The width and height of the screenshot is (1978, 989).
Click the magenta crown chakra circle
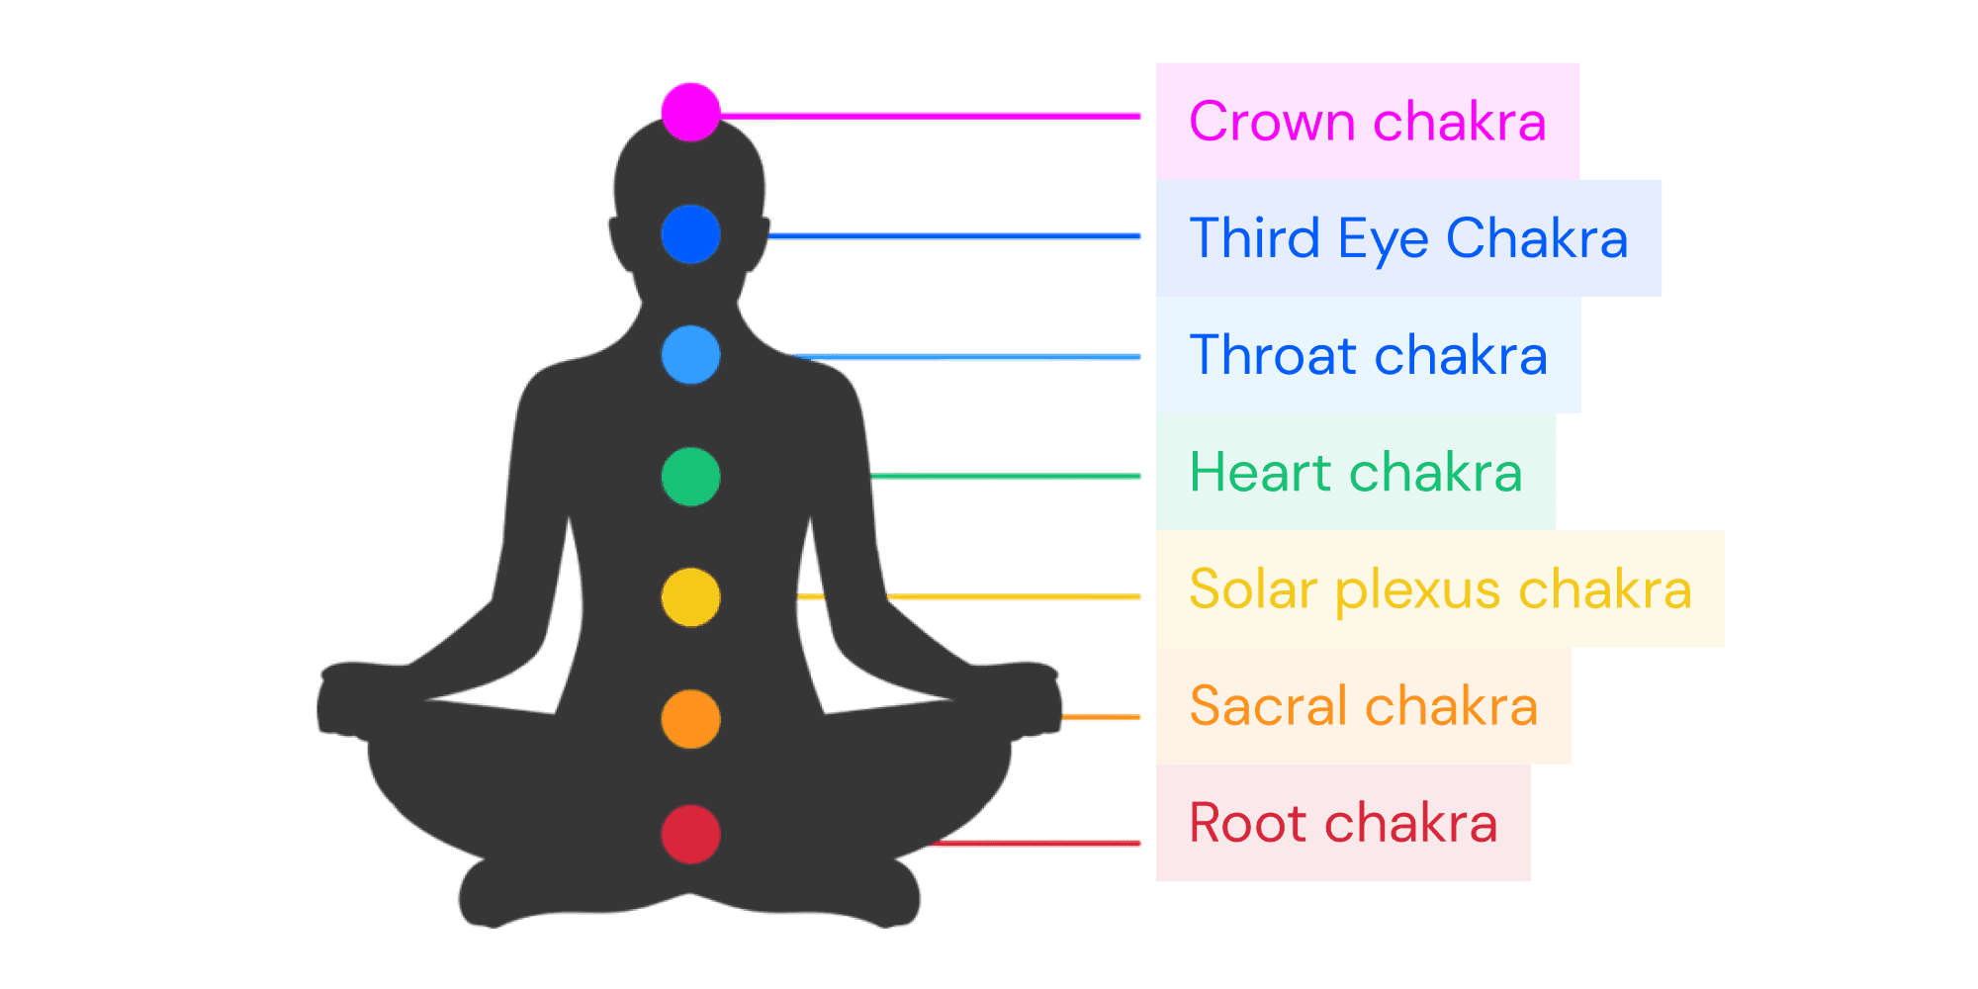(690, 111)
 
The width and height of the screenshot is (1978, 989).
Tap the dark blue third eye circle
(690, 234)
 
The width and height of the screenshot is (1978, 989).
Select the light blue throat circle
(690, 354)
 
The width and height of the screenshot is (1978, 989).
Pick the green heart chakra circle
(690, 477)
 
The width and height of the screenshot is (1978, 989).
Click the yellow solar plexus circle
(690, 597)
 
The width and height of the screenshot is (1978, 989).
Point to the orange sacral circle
(690, 719)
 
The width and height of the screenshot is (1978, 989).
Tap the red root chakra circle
(690, 835)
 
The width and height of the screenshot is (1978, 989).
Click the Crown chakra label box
(1368, 121)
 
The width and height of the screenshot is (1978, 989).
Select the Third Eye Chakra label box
(1408, 237)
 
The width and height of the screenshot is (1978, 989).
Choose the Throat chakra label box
(1368, 355)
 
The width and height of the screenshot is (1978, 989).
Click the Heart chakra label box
(1355, 472)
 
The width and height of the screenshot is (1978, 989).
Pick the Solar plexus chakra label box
(1440, 589)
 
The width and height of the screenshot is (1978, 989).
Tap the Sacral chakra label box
(1363, 706)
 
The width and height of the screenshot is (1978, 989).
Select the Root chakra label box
(1343, 823)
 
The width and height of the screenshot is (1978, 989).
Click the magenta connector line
(930, 117)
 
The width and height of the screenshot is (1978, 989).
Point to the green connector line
(1005, 477)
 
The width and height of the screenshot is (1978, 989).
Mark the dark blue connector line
(954, 237)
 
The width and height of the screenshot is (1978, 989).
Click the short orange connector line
(1101, 717)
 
